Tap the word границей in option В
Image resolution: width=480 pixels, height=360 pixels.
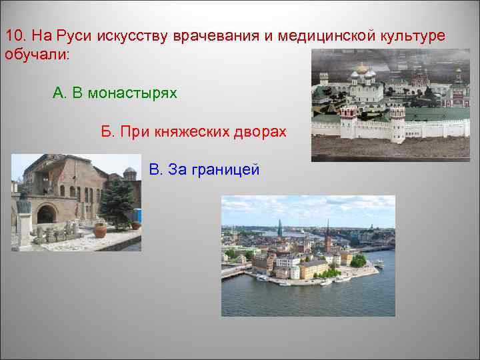click(x=225, y=170)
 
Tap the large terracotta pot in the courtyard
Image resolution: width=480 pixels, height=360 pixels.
click(x=100, y=230)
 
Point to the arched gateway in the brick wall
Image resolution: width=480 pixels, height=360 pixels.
click(x=47, y=214)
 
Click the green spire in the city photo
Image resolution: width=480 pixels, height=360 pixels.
click(x=280, y=228)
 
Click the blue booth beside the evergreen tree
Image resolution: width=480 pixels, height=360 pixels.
click(x=137, y=215)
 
